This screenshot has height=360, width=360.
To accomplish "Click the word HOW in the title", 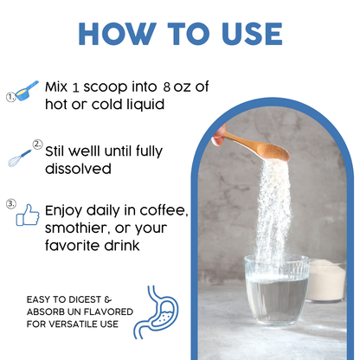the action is pos(118,34).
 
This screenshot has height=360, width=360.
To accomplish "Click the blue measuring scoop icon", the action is pos(27,91).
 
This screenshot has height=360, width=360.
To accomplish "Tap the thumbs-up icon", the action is pos(28,215).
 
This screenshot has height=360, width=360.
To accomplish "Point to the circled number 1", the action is pos(10,97).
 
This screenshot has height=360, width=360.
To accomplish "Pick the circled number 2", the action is pos(37,145).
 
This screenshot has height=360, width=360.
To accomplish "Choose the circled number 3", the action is pos(11,204).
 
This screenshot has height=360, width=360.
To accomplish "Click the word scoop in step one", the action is pos(106,87).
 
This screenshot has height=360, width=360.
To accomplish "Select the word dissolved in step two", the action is pos(78,169).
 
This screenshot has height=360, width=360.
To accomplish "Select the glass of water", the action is pos(276,290).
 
